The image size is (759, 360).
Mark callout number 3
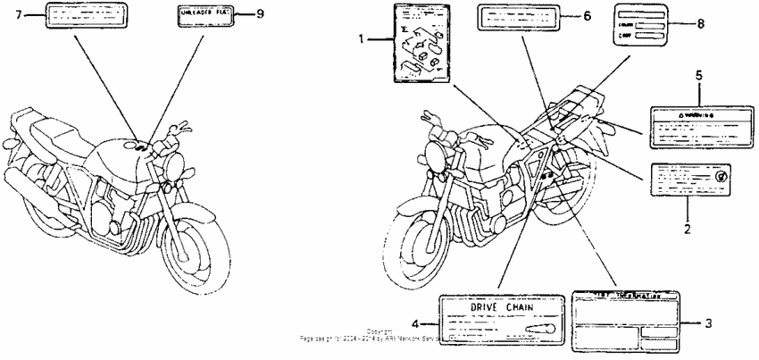tap(707, 324)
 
